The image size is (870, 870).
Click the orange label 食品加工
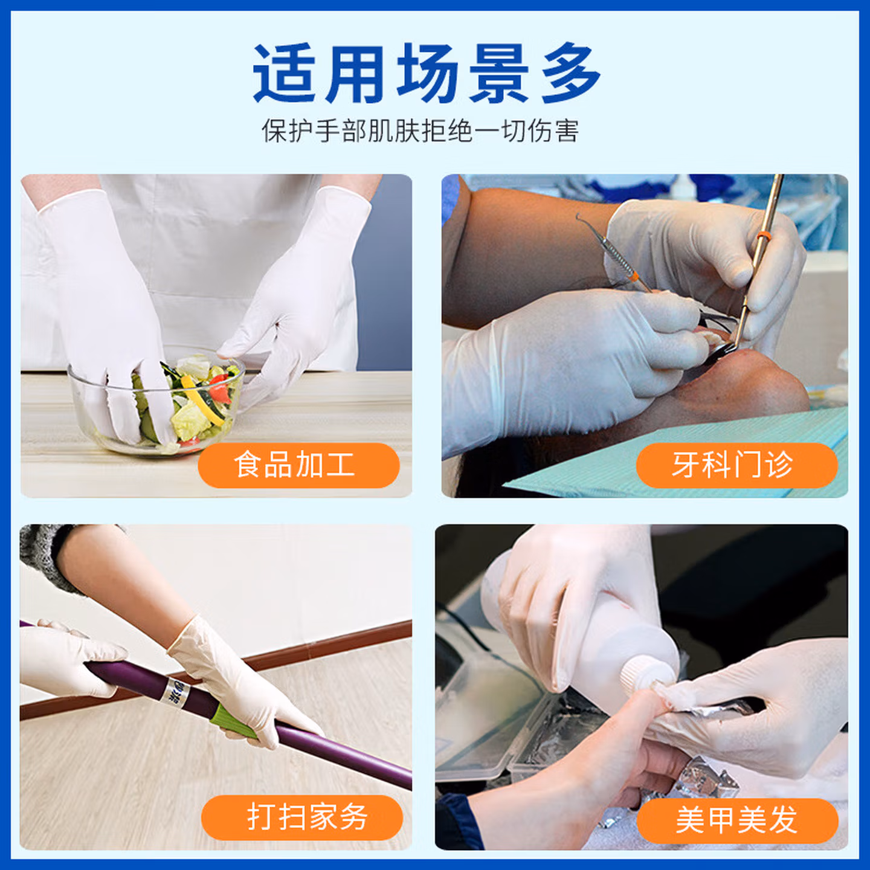coord(298,465)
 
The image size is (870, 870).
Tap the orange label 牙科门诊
coord(737,465)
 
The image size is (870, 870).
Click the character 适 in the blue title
coord(285,73)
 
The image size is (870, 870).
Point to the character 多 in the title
coord(572,73)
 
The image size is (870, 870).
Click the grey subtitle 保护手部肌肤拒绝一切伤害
coord(420,131)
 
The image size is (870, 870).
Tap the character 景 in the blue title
coord(499,73)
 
